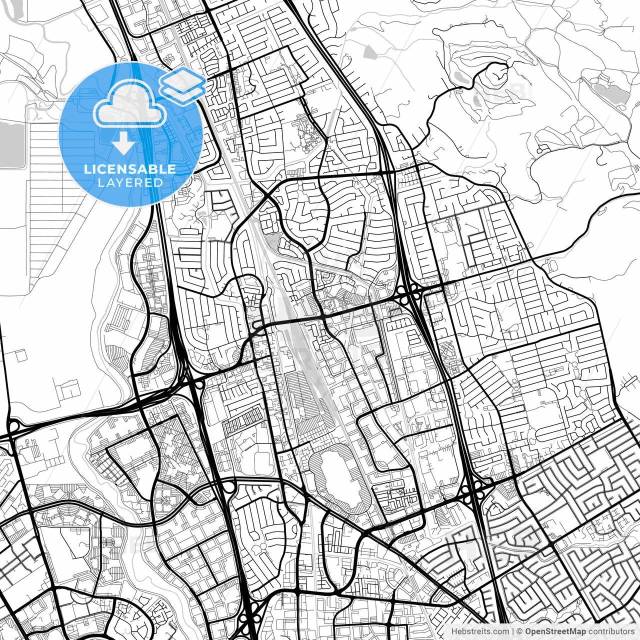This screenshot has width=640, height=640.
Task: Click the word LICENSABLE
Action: point(130,169)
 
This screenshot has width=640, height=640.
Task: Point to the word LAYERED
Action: point(130,182)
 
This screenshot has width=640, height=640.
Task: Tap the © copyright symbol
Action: point(520,631)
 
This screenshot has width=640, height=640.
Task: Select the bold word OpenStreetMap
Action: point(551,631)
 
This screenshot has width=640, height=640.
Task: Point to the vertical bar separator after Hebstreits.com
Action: point(512,631)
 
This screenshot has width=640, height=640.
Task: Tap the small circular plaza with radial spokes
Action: point(165,500)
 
